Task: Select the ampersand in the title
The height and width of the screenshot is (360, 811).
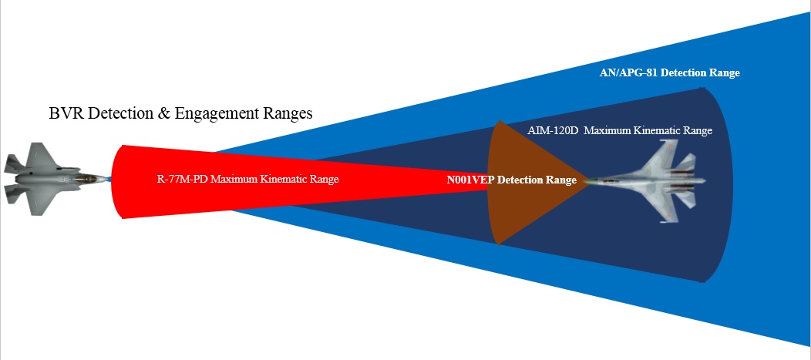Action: tap(165, 113)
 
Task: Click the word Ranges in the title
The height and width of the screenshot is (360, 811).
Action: tap(288, 114)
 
